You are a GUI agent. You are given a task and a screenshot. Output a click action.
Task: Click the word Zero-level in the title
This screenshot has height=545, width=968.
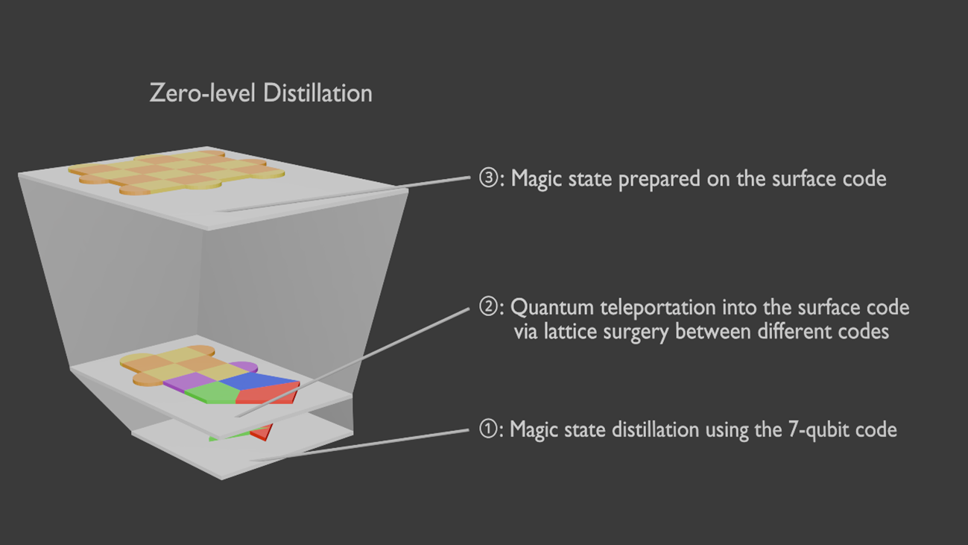point(195,93)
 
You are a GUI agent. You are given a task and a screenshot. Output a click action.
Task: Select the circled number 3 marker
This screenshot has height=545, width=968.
point(488,179)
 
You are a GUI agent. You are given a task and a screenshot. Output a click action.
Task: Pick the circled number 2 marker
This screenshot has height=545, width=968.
point(488,307)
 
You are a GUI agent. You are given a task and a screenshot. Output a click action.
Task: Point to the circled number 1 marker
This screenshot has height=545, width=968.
point(488,429)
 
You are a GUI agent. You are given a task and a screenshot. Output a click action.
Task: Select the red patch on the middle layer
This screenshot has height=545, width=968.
point(268,394)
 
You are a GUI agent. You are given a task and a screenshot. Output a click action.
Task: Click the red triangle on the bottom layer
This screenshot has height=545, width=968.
point(261,432)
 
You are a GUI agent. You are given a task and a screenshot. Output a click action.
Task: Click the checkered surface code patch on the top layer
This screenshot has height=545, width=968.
point(177,171)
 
